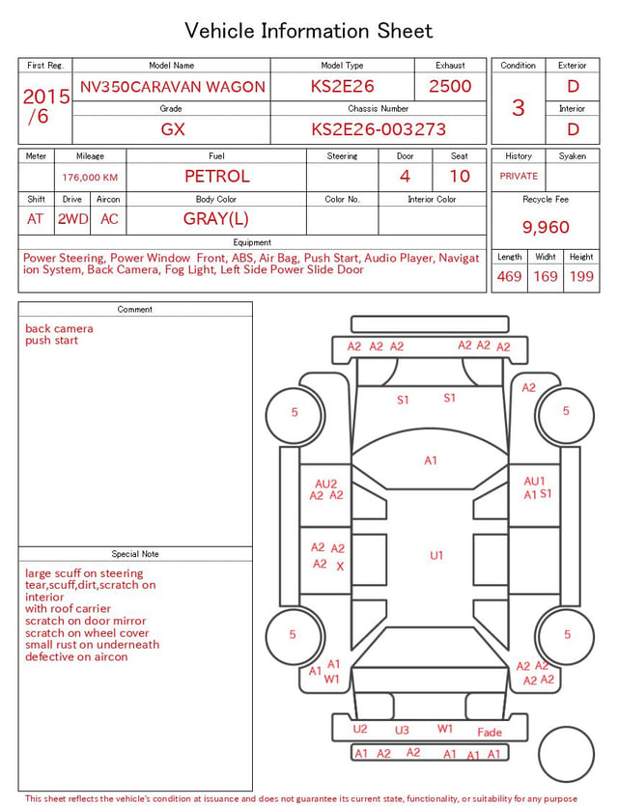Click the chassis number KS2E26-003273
pyautogui.click(x=379, y=129)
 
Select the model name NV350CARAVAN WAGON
pyautogui.click(x=172, y=86)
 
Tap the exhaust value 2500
pyautogui.click(x=450, y=86)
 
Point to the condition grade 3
pyautogui.click(x=519, y=108)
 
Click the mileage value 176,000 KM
pyautogui.click(x=90, y=178)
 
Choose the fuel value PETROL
pyautogui.click(x=217, y=177)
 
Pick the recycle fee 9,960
pyautogui.click(x=546, y=227)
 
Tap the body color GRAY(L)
pyautogui.click(x=216, y=219)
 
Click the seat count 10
pyautogui.click(x=460, y=177)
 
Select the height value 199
pyautogui.click(x=581, y=276)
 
